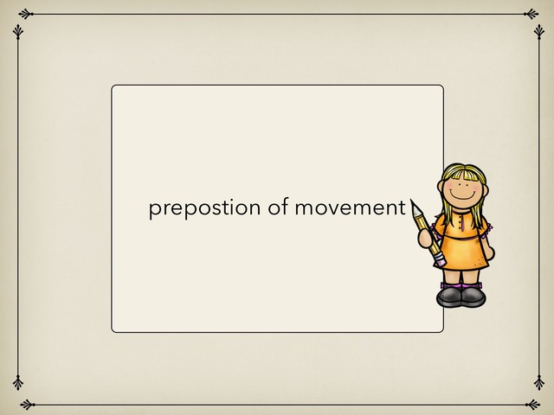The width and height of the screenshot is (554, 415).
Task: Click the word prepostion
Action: [204, 208]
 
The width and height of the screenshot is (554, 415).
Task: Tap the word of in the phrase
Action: [278, 207]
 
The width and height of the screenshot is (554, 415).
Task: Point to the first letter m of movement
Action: [304, 209]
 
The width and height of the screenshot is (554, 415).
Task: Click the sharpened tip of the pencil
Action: [412, 201]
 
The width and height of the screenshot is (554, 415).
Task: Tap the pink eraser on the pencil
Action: [441, 261]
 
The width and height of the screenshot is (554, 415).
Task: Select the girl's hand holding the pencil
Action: [425, 238]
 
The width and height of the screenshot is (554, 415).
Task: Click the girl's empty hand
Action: [490, 252]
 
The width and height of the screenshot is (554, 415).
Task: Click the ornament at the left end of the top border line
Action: [25, 14]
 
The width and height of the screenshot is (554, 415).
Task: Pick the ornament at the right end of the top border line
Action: [531, 14]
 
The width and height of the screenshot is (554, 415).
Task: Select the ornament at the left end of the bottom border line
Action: [28, 405]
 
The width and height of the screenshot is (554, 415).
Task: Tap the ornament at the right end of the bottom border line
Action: [533, 405]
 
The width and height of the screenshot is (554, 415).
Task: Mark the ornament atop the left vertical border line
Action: [18, 31]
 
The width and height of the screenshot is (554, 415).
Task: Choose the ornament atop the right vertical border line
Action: [538, 31]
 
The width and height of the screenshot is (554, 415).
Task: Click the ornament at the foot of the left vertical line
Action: [18, 382]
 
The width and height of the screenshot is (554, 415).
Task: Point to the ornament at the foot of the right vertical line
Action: [538, 382]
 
